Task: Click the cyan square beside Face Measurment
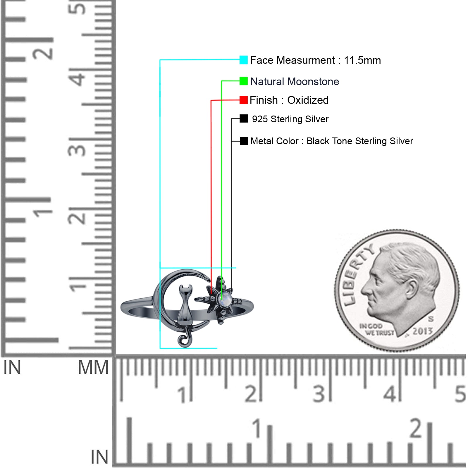[x=243, y=60]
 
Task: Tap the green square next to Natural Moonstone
[x=243, y=81]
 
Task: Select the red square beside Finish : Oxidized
[x=243, y=100]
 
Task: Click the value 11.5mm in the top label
[x=362, y=60]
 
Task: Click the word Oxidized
[x=308, y=100]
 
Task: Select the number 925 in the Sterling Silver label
[x=260, y=119]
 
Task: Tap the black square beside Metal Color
[x=244, y=141]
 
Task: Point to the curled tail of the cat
[x=184, y=340]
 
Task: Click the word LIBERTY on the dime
[x=357, y=275]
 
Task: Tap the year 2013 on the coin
[x=422, y=331]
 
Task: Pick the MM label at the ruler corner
[x=93, y=368]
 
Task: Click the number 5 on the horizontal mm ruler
[x=460, y=394]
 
